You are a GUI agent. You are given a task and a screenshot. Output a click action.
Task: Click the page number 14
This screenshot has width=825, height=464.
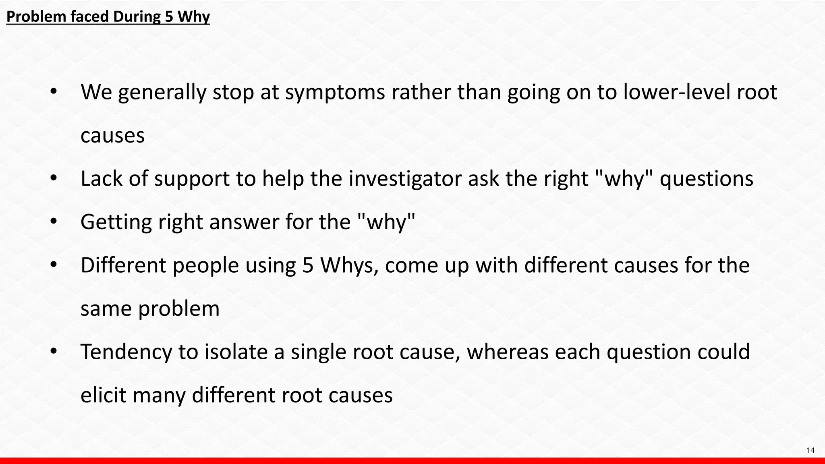pyautogui.click(x=810, y=450)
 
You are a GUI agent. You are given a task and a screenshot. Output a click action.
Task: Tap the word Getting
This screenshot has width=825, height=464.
pyautogui.click(x=116, y=222)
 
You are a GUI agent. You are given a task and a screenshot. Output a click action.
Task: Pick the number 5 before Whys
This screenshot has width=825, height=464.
pyautogui.click(x=308, y=265)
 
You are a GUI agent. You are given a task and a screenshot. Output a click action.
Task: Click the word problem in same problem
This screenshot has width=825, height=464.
pyautogui.click(x=179, y=309)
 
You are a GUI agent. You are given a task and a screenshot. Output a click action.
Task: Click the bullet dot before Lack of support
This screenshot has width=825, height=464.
pyautogui.click(x=54, y=178)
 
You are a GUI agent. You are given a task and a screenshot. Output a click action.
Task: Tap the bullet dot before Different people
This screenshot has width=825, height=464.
pyautogui.click(x=54, y=265)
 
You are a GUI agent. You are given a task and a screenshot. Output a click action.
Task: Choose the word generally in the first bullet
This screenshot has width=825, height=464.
pyautogui.click(x=162, y=93)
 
